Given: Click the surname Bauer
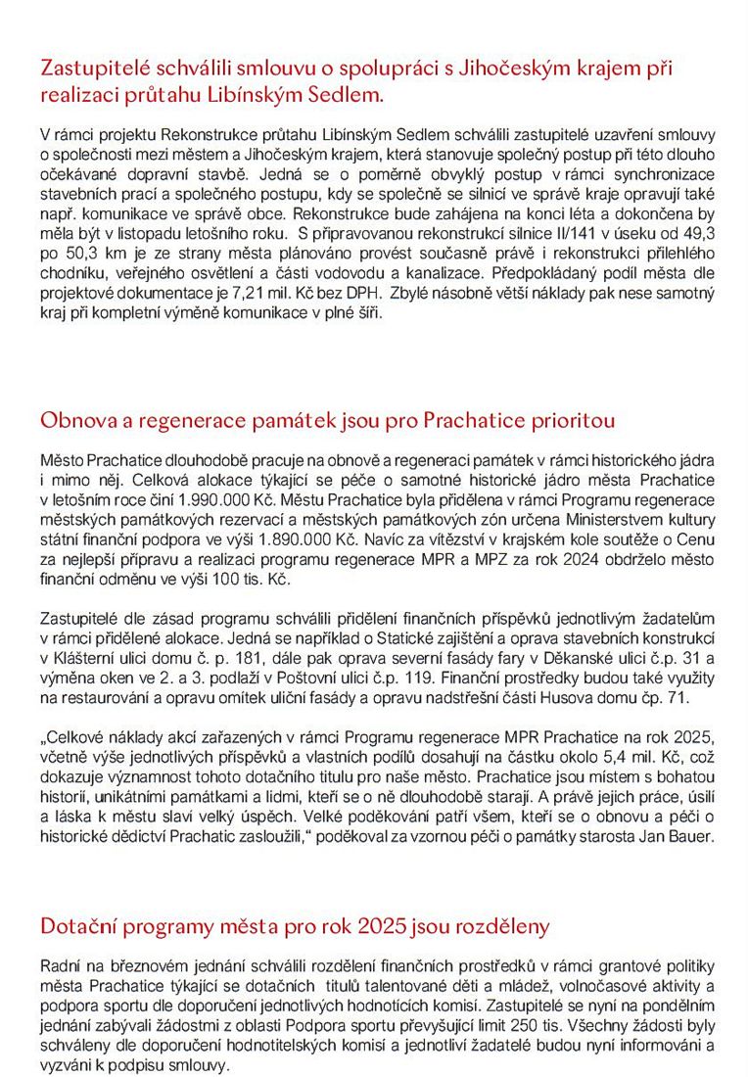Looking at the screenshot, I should [693, 839].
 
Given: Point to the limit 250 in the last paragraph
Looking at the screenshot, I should [581, 1007].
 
